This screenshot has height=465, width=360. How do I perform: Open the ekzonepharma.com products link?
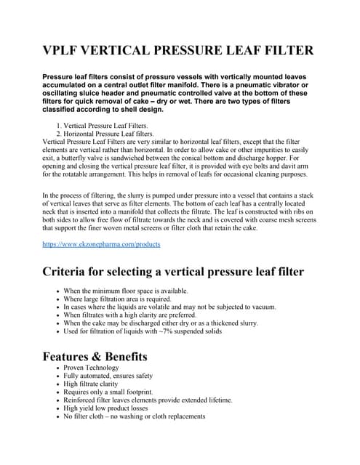(101, 244)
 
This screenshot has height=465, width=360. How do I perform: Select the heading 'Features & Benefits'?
(95, 356)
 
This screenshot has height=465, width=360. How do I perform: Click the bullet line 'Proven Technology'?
(91, 368)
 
